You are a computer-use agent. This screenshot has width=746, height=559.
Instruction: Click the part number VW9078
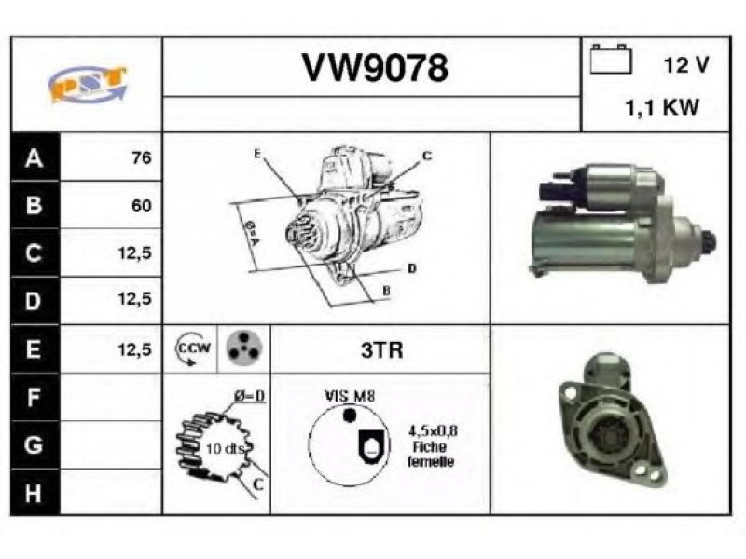tap(375, 67)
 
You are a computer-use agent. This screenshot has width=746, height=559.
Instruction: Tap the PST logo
tap(87, 84)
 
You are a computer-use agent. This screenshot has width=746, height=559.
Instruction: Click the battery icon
tap(611, 59)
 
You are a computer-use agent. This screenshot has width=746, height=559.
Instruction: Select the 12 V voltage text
tap(686, 64)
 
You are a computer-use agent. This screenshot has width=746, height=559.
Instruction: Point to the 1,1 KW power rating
tap(662, 107)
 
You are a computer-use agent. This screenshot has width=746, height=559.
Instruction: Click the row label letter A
tap(34, 157)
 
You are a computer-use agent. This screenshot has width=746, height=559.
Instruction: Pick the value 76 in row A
tap(142, 157)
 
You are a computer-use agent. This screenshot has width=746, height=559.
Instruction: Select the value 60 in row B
tap(142, 205)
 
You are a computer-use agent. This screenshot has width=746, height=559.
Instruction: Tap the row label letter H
tap(33, 494)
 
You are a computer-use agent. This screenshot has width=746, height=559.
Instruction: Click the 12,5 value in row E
tap(134, 349)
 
